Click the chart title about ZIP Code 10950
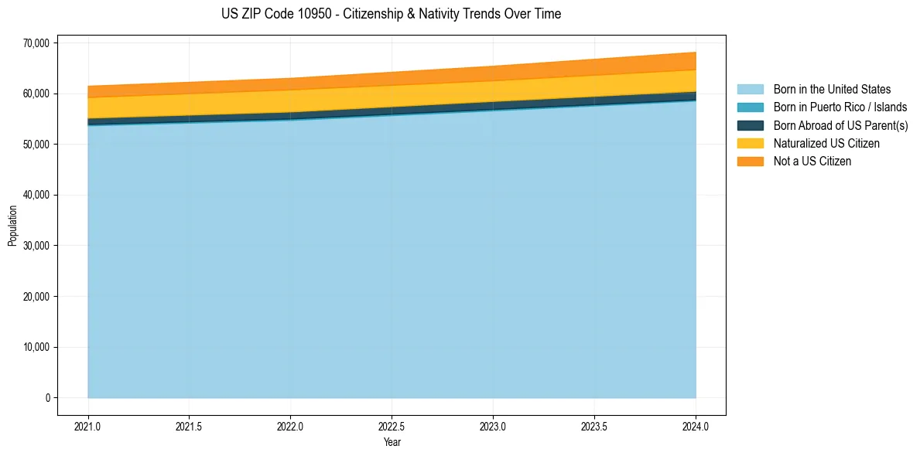391,14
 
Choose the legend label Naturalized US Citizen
826,144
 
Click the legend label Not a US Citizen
812,162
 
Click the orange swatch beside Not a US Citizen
750,162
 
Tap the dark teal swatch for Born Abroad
750,125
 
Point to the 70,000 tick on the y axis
36,43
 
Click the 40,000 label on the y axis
36,195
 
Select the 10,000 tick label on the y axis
36,347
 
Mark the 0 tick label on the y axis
46,398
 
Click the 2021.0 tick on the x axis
88,426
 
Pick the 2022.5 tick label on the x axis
392,426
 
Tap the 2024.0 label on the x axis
696,426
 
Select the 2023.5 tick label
594,426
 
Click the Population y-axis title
12,226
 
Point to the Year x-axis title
392,442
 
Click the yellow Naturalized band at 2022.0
290,101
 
